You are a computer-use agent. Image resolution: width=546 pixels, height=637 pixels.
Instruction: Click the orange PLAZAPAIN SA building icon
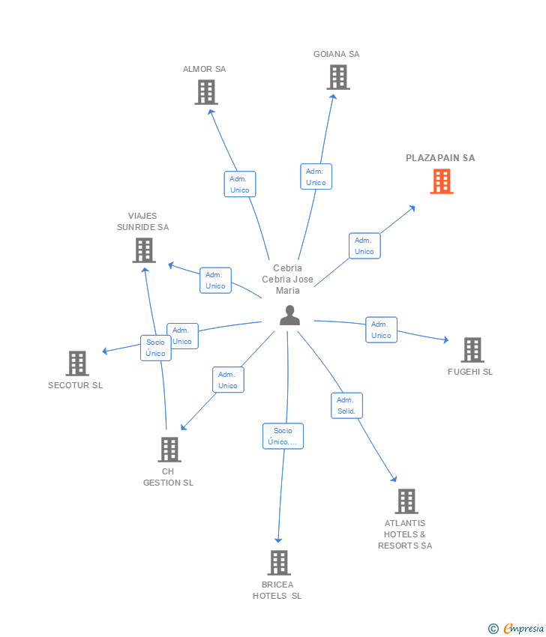coord(442,181)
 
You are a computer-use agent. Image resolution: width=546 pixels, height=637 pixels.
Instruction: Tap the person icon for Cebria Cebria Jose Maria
coord(289,316)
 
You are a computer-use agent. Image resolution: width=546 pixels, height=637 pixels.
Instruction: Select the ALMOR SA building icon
coord(206,92)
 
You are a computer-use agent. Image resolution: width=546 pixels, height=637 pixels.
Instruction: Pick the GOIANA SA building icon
coord(338,77)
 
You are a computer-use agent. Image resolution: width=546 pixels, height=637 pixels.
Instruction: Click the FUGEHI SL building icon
coord(472,350)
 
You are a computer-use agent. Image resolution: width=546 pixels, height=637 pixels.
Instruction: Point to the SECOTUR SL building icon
coord(77,363)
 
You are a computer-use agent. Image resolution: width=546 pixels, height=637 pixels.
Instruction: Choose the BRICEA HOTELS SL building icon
coord(278,563)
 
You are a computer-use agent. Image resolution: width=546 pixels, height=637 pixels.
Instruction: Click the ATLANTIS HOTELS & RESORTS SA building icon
coord(406,501)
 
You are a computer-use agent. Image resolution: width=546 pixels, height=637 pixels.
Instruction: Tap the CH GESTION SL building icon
coord(169,450)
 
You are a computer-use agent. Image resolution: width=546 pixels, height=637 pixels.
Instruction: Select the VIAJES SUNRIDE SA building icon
coord(143,250)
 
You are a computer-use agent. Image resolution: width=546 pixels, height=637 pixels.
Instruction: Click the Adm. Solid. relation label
coord(346,405)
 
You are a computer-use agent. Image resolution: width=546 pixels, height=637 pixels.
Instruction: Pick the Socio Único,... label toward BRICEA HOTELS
coord(283,436)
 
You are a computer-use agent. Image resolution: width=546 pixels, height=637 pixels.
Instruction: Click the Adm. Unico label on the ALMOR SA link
coord(240,184)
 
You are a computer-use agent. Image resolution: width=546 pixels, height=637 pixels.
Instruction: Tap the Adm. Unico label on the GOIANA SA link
coord(316,177)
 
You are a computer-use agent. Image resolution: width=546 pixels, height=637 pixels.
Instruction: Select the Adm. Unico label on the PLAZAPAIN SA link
coord(364,246)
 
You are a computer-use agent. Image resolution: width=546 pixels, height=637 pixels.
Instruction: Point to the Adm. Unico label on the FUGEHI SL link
coord(381,330)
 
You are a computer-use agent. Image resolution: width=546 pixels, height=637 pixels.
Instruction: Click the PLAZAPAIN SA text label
coord(440,158)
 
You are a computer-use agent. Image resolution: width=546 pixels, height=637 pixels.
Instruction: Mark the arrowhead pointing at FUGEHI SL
coord(445,340)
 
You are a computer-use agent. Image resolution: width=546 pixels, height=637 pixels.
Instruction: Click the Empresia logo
coord(523,629)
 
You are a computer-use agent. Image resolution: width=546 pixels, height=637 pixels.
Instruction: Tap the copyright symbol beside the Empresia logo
coord(493,629)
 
